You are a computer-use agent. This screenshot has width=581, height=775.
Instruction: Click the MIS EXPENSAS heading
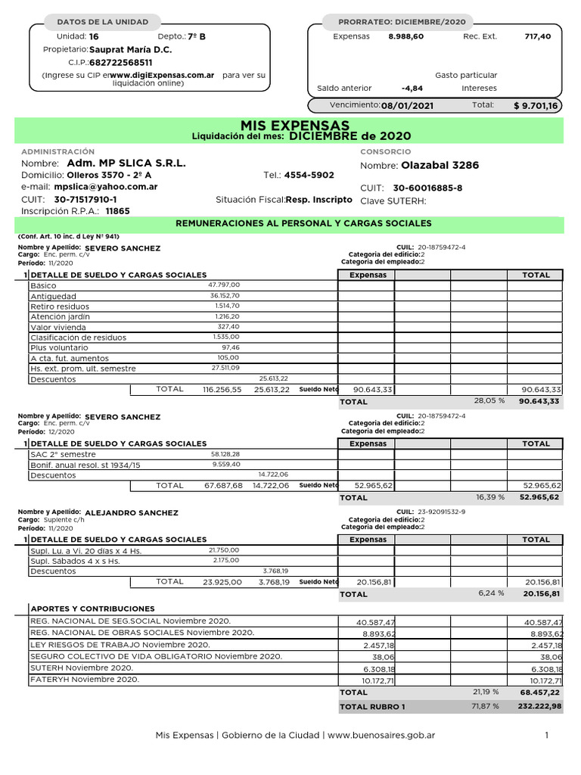coord(294,125)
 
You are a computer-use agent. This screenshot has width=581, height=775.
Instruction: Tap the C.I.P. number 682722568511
coord(121,63)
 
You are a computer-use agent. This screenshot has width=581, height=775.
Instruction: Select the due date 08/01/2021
coord(407,106)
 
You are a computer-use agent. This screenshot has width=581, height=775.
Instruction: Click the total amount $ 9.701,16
coord(535,106)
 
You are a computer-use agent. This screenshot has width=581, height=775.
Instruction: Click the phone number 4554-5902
coord(309,175)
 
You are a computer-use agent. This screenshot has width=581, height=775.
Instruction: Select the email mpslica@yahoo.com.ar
coord(106,187)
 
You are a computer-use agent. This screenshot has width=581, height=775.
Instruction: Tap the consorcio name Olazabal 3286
coord(440,166)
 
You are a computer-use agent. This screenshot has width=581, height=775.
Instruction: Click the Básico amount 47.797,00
coord(224,285)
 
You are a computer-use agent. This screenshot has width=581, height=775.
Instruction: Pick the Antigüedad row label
coord(53,296)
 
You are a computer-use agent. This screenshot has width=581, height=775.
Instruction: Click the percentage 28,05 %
coord(489,400)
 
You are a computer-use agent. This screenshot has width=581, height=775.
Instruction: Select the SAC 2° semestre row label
coord(64,454)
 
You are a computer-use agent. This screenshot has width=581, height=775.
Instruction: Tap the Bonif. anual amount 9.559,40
coord(226,464)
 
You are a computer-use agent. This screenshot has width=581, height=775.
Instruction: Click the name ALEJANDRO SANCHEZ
coord(132,512)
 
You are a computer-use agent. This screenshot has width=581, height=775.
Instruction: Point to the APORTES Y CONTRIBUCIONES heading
coord(92,608)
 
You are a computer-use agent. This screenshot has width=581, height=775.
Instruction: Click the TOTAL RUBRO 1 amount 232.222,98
coord(535,706)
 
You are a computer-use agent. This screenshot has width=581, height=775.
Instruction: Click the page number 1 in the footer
coord(546,735)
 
